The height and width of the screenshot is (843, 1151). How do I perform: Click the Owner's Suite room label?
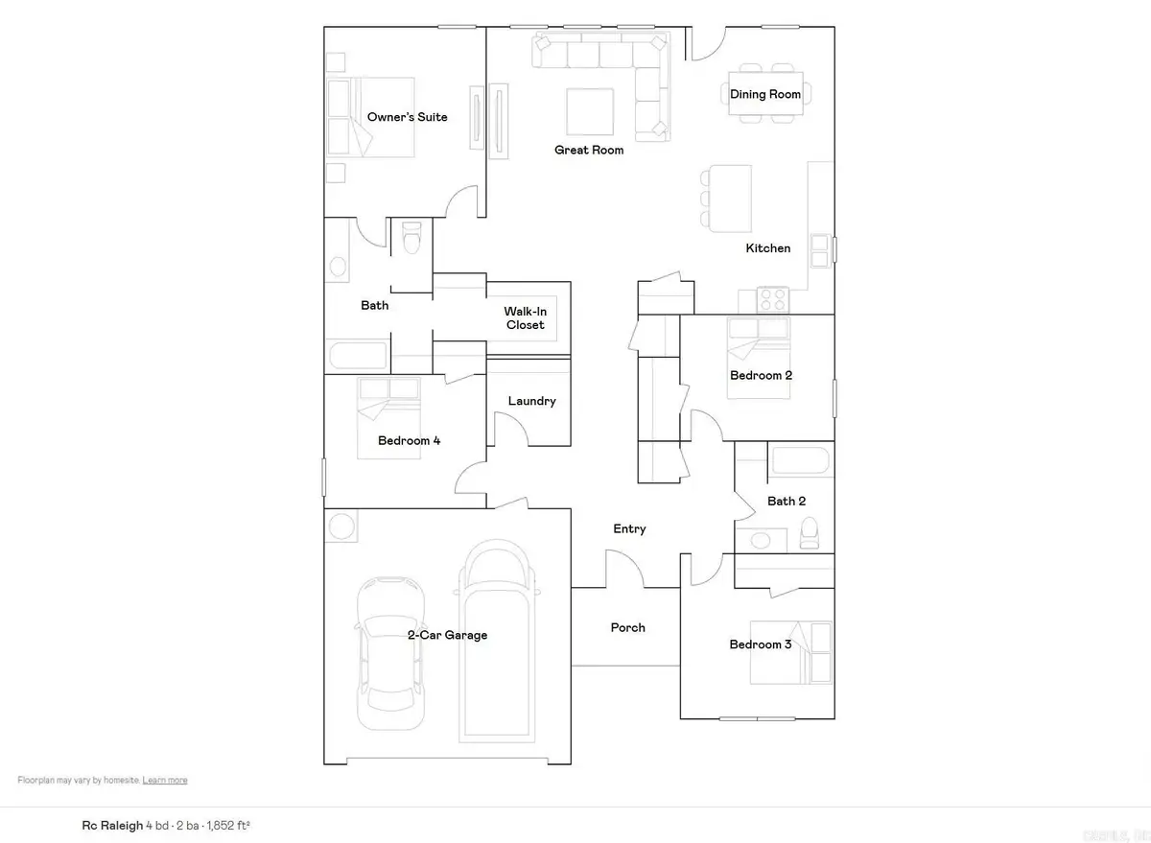click(407, 118)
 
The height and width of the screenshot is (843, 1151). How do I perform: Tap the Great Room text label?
click(589, 150)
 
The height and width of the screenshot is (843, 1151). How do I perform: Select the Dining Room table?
click(765, 94)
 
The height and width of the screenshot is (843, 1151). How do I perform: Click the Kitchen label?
click(768, 248)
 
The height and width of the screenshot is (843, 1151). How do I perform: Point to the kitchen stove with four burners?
click(773, 299)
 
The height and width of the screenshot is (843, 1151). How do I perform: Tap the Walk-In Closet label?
click(525, 318)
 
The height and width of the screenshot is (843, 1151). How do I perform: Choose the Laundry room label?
click(531, 401)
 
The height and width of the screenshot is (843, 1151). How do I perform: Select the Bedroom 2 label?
click(761, 375)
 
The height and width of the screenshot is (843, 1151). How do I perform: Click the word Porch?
click(628, 628)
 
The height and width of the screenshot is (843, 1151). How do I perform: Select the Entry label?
click(629, 528)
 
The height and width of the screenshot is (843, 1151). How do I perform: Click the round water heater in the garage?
click(341, 527)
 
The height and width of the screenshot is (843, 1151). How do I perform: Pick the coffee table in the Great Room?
click(589, 112)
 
